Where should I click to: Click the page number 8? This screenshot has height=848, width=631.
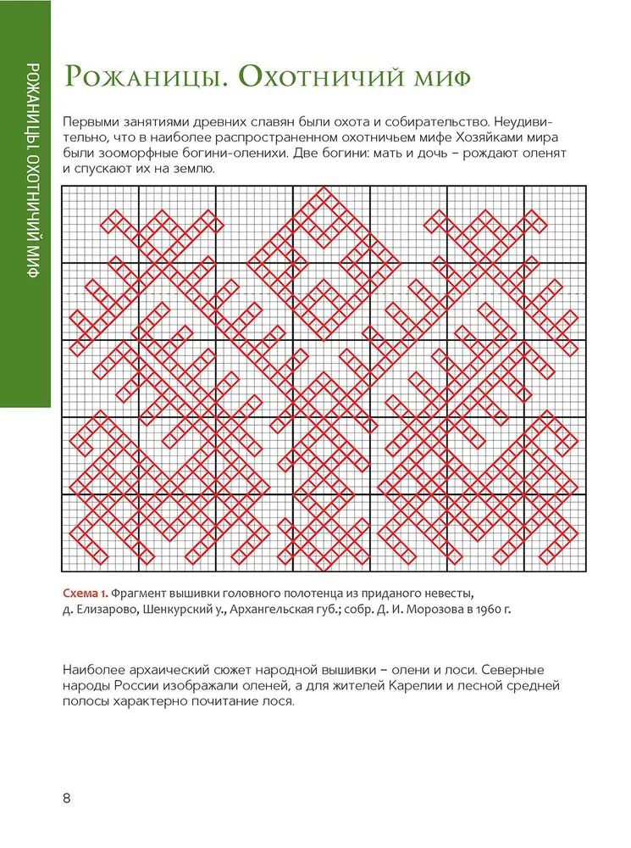click(x=67, y=799)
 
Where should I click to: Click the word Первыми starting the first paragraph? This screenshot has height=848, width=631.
click(x=94, y=121)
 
